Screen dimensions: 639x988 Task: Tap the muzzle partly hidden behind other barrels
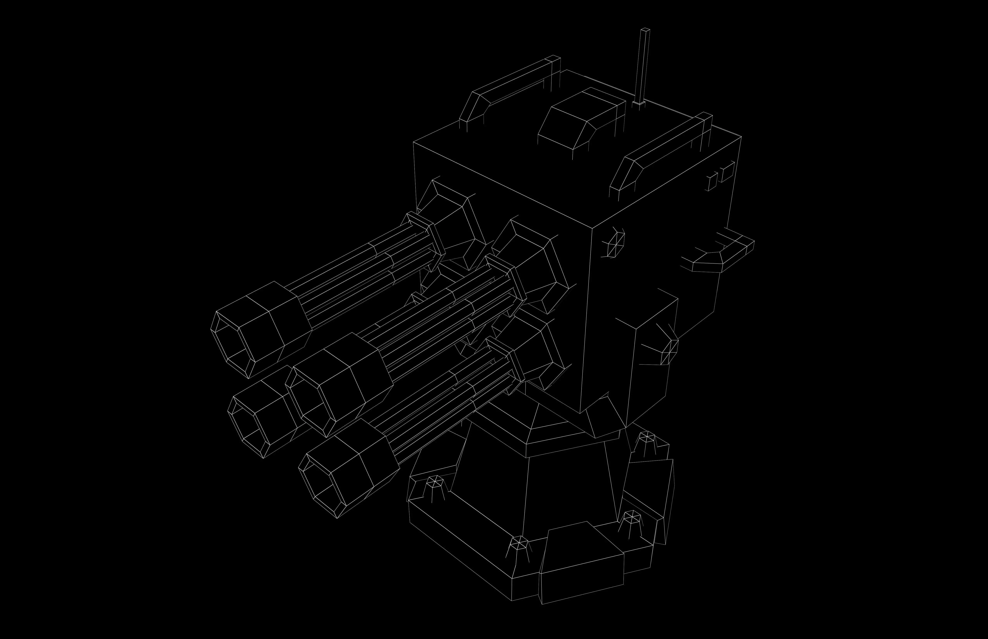(x=249, y=423)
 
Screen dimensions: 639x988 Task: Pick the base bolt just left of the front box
(x=519, y=544)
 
